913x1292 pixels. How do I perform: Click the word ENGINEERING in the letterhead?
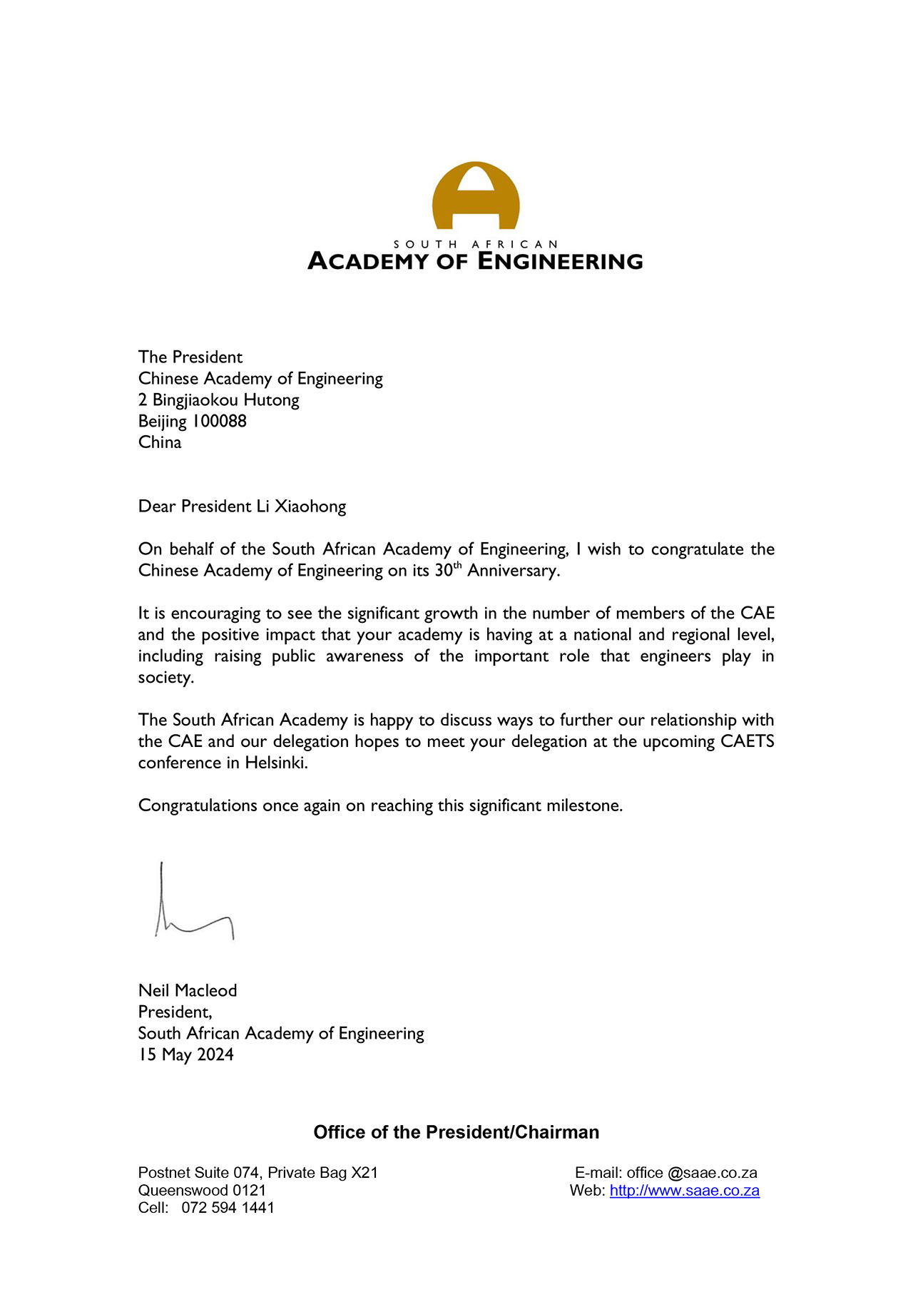pyautogui.click(x=560, y=261)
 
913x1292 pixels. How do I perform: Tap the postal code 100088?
pyautogui.click(x=220, y=421)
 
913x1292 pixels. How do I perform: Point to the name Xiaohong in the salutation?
pyautogui.click(x=310, y=507)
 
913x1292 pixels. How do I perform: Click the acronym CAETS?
pyautogui.click(x=747, y=741)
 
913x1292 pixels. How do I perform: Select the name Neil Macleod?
pyautogui.click(x=188, y=990)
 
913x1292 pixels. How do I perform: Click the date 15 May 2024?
pyautogui.click(x=186, y=1054)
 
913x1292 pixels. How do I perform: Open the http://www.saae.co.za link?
pyautogui.click(x=684, y=1190)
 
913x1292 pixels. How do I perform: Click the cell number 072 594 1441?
pyautogui.click(x=228, y=1207)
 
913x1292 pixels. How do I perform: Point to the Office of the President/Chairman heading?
pyautogui.click(x=456, y=1132)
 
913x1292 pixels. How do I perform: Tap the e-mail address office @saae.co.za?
pyautogui.click(x=692, y=1172)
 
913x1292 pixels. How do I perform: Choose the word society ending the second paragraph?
pyautogui.click(x=165, y=677)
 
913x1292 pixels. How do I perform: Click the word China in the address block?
pyautogui.click(x=160, y=442)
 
